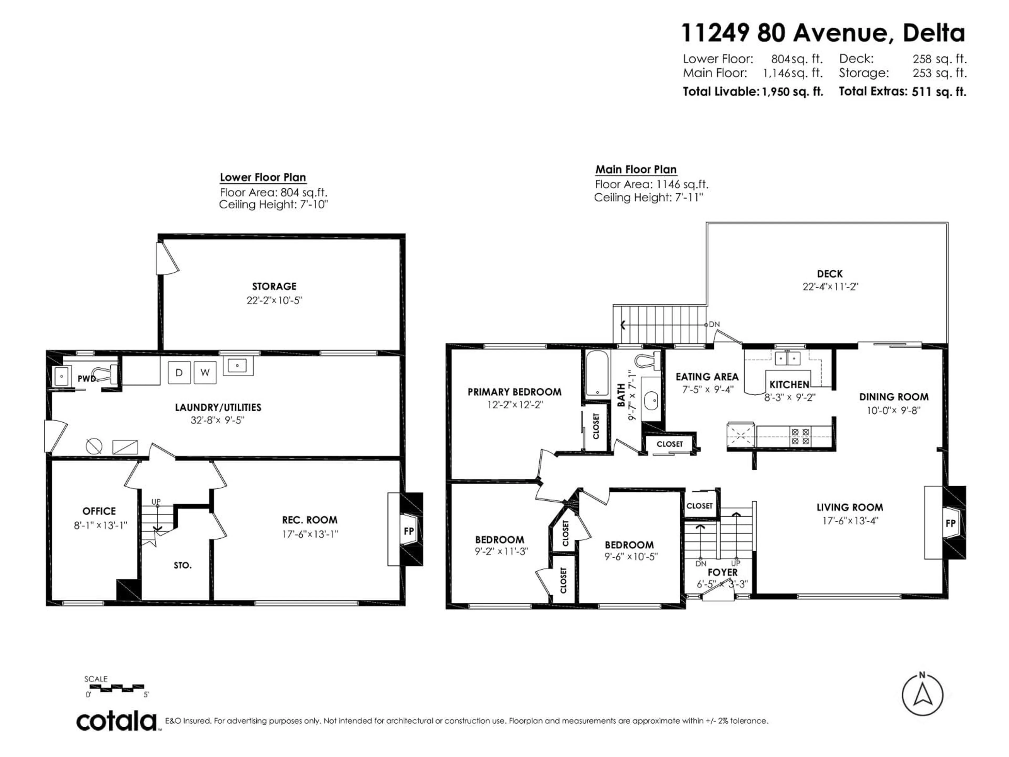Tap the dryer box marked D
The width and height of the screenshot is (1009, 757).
coord(179,372)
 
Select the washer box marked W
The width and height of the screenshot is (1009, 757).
coord(205,372)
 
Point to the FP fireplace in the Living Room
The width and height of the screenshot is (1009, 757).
coord(950,523)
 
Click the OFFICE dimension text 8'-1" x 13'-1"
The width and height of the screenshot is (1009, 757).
coord(100,525)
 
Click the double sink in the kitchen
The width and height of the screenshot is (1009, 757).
coord(788,359)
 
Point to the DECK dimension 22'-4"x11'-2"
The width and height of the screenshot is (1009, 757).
coord(830,287)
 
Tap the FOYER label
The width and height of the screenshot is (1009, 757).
coord(723,572)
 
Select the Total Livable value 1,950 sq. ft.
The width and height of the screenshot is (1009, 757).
coord(792,92)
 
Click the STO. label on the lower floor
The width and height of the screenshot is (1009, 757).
coord(182,565)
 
